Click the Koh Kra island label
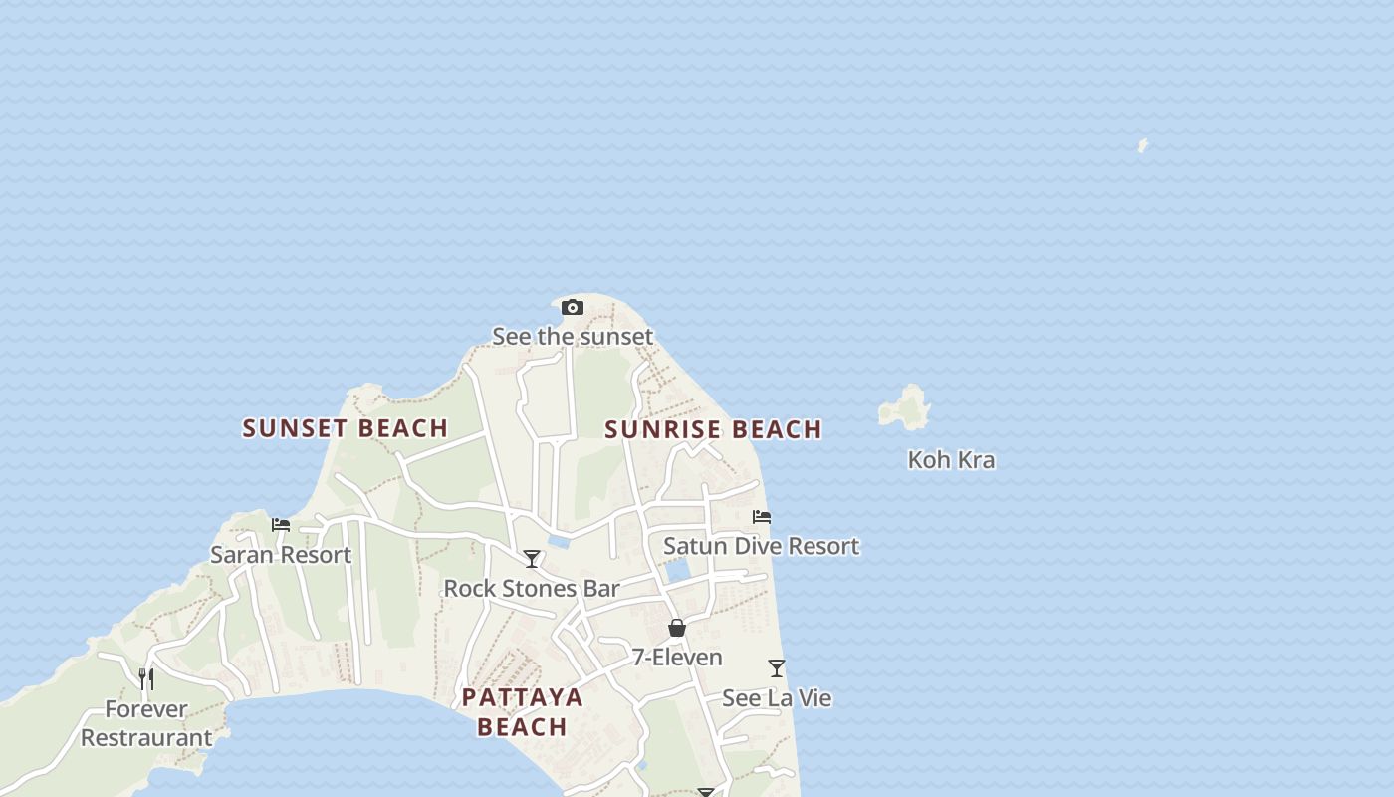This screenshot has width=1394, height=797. click(951, 460)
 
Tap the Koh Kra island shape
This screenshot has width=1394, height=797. click(905, 407)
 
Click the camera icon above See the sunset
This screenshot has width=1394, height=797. click(572, 307)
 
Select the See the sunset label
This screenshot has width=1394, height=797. click(573, 337)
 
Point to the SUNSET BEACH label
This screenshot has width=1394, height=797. click(346, 428)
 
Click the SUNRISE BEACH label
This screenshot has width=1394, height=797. click(713, 429)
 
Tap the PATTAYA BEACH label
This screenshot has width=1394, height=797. click(522, 711)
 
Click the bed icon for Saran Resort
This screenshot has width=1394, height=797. click(281, 525)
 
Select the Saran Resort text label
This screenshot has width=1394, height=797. click(281, 555)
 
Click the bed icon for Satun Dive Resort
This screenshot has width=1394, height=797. click(762, 517)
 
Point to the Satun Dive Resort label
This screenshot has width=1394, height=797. click(761, 546)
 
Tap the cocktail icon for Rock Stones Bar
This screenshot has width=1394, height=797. click(532, 559)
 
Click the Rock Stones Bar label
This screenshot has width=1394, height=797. click(532, 589)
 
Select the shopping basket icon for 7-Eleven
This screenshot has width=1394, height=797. click(677, 628)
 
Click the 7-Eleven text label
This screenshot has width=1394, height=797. click(677, 658)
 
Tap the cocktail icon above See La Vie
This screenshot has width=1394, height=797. click(777, 668)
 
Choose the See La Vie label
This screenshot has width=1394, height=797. click(777, 698)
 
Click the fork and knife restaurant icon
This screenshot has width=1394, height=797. click(146, 679)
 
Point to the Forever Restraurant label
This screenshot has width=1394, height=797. click(146, 723)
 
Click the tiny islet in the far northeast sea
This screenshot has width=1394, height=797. click(1142, 145)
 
